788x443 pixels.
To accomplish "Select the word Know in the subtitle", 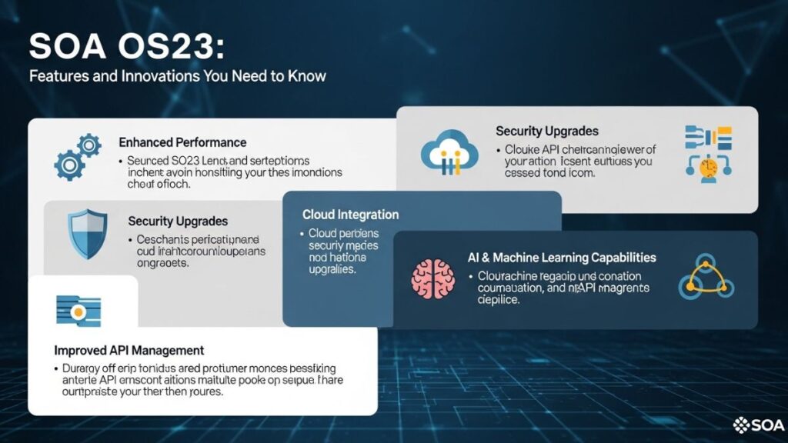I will coord(309,76).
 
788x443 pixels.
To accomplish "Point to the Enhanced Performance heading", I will coord(182,142).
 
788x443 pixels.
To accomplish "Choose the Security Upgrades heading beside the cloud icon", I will coord(546,132).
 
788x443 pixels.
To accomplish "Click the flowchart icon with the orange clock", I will coord(708,155).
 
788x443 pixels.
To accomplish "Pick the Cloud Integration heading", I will coord(350,215).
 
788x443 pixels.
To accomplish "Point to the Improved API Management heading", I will coord(129,350).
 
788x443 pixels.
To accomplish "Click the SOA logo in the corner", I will coord(760,424).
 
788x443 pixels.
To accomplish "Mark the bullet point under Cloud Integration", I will coord(301,233).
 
